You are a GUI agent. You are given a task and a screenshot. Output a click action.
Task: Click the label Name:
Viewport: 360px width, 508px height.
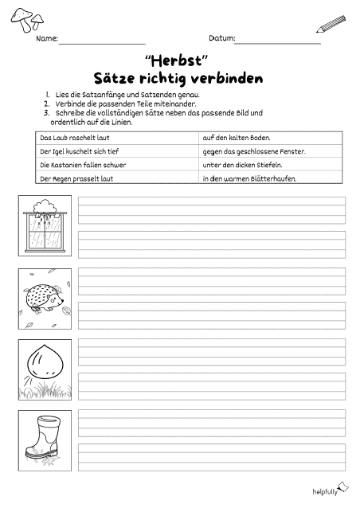pos(46,38)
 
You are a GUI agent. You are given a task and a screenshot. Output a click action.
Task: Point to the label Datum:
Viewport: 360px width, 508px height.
pos(221,38)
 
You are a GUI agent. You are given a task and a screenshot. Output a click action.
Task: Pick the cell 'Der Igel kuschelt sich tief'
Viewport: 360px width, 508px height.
pos(79,151)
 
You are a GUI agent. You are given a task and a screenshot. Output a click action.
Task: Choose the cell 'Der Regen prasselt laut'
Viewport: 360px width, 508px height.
pos(76,178)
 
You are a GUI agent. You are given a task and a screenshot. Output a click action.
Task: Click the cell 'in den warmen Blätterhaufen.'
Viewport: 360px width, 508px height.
pos(249,178)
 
